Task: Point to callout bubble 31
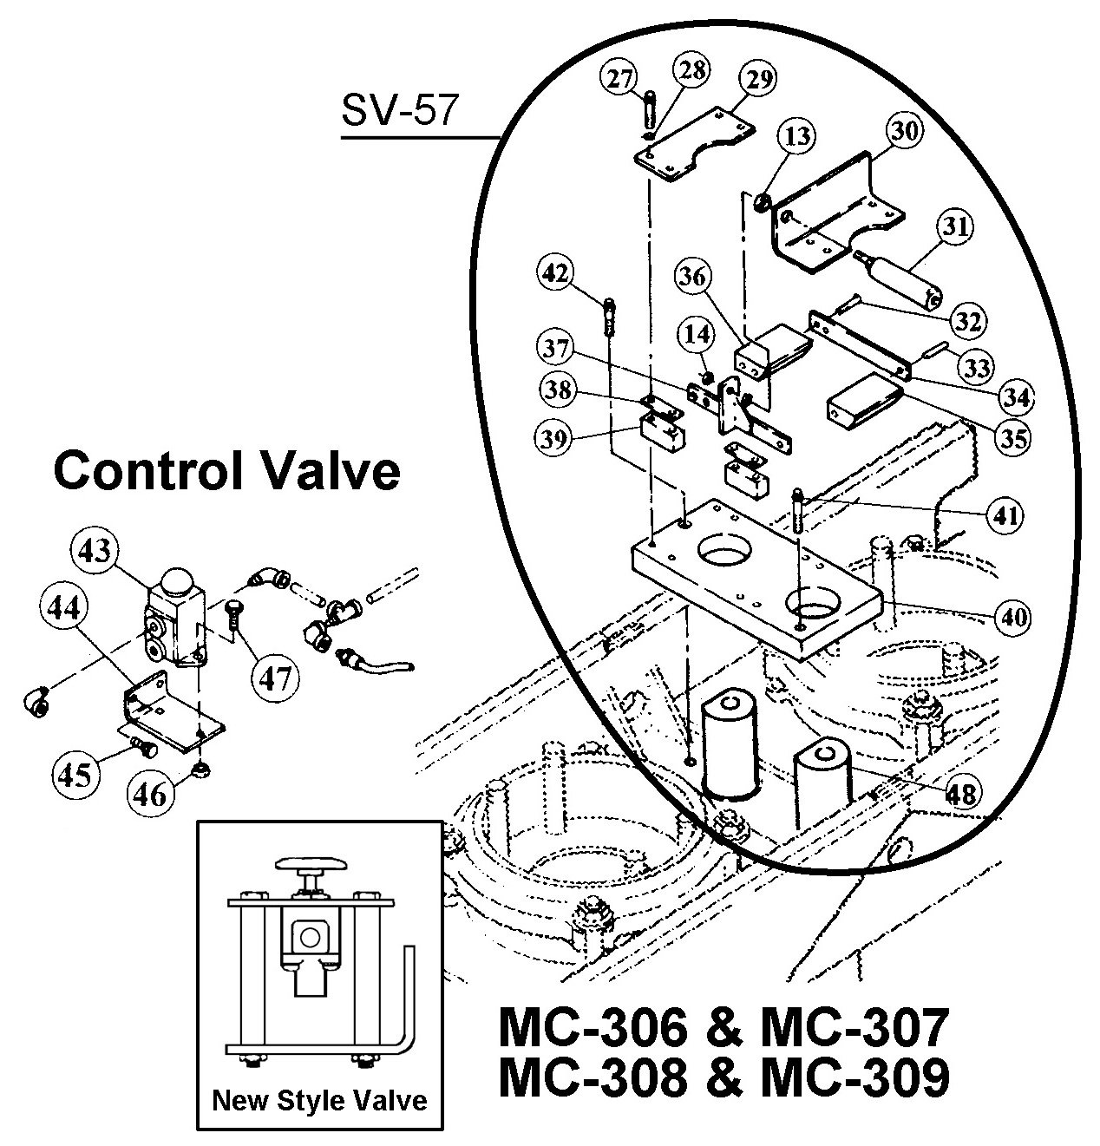point(955,227)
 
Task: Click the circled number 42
point(555,272)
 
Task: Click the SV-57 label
point(398,111)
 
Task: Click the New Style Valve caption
point(319,1101)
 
